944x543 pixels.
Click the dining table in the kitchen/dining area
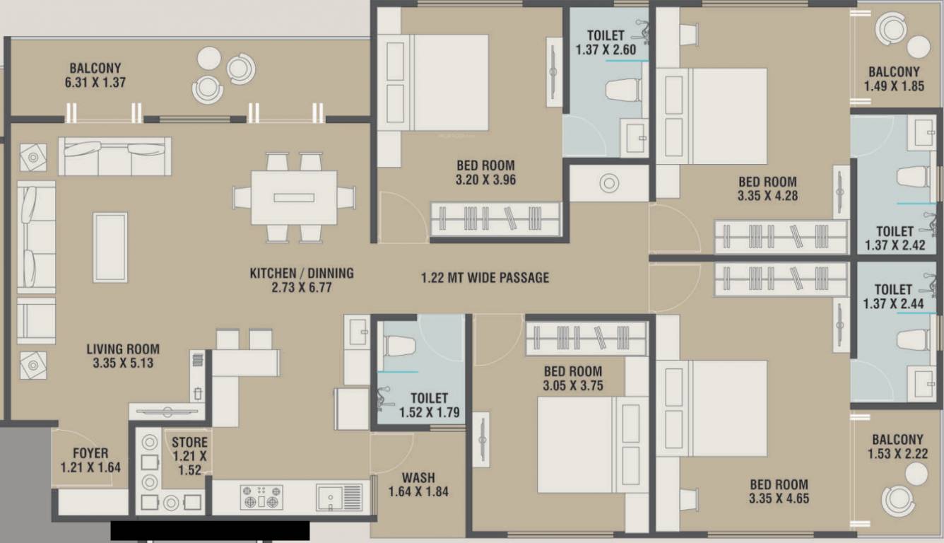pos(294,197)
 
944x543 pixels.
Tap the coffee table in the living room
pos(110,247)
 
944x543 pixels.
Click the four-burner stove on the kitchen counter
pos(261,497)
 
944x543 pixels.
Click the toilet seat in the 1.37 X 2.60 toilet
pos(623,90)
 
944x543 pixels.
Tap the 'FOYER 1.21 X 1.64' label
pos(90,460)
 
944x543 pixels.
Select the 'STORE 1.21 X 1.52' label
pos(189,456)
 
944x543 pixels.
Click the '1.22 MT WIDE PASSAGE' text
pos(485,278)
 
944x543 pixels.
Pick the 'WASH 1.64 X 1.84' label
pos(418,484)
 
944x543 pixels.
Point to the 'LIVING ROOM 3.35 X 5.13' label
pos(123,356)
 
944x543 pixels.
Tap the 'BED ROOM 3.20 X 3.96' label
pos(485,173)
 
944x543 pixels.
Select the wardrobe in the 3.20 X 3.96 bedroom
pos(496,219)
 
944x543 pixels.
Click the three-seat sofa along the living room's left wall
pos(37,237)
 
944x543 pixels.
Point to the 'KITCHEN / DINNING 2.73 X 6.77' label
pos(302,280)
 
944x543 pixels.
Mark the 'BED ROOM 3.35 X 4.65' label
pos(779,491)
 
